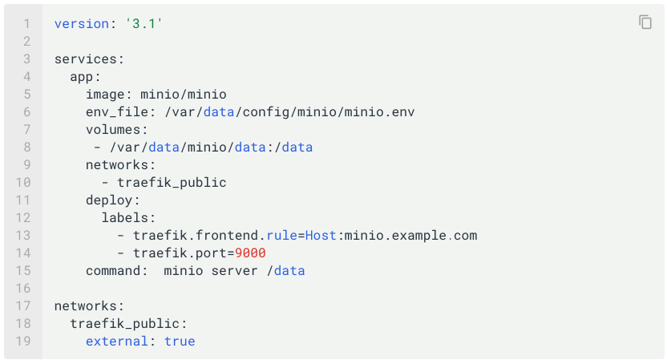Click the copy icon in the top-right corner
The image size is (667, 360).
pyautogui.click(x=645, y=22)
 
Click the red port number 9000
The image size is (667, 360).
pyautogui.click(x=250, y=253)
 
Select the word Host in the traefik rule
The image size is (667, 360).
pyautogui.click(x=321, y=236)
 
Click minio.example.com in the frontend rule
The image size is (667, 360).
pyautogui.click(x=410, y=236)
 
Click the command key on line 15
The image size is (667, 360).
pyautogui.click(x=113, y=271)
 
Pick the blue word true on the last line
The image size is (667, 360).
pyautogui.click(x=180, y=342)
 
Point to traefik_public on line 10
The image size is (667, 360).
pyautogui.click(x=172, y=183)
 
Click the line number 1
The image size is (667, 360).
pyautogui.click(x=26, y=24)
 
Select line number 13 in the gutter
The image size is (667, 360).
pyautogui.click(x=22, y=236)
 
